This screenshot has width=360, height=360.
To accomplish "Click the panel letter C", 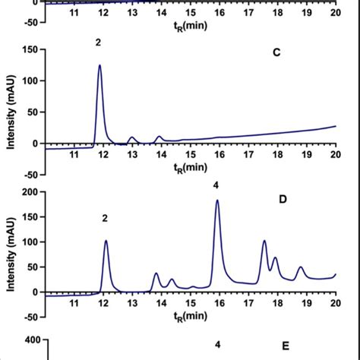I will point(277,53).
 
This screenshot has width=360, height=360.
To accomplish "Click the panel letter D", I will point(282,200).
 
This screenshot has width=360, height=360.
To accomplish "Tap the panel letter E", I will point(286,346).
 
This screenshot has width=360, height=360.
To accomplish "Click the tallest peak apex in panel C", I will point(99,65).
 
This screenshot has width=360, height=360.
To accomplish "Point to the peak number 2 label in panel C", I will point(98,43).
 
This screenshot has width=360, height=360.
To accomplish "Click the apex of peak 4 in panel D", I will point(217,201).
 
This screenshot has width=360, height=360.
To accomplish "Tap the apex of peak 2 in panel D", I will point(106,241).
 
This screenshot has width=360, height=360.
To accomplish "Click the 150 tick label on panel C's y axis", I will point(30,49).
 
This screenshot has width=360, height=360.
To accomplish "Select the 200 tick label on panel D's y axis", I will point(30,193).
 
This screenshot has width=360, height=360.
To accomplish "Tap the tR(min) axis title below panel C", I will point(190,167).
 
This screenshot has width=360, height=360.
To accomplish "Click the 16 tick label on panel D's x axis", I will point(218,302).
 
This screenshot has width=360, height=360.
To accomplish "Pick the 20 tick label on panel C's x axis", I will point(334,155).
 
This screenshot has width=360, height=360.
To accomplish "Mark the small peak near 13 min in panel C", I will point(132,137).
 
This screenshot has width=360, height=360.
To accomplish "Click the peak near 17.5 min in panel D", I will point(264,241).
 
